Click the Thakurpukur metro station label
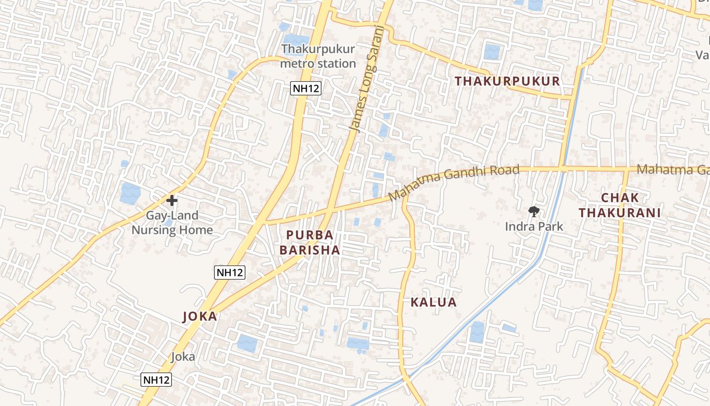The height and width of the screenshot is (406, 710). tap(318, 56)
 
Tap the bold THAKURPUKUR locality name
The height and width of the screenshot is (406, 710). tap(507, 81)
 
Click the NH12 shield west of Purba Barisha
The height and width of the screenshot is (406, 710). tap(230, 273)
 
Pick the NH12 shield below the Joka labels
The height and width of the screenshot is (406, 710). tap(156, 380)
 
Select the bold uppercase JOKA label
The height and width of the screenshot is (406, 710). tap(200, 317)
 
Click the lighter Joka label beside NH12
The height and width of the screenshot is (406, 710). tap(183, 356)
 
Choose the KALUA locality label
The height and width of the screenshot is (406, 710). tap(434, 302)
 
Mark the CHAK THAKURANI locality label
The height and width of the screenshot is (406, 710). tap(620, 206)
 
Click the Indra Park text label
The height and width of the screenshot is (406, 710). tap(534, 226)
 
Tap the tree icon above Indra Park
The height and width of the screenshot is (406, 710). tap(534, 211)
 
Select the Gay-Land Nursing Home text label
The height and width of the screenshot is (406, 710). tap(172, 223)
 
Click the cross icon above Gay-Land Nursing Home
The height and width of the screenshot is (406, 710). tap(172, 200)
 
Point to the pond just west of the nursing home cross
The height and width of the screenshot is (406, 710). tap(130, 193)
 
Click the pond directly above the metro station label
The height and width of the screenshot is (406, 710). tap(296, 39)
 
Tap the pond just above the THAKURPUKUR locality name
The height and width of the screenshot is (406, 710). tap(491, 52)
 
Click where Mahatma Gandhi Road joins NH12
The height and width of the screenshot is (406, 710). tap(265, 222)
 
